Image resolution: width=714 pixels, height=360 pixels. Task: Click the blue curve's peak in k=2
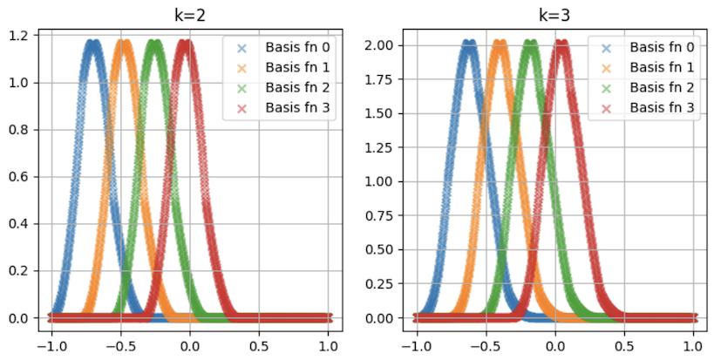[92, 42]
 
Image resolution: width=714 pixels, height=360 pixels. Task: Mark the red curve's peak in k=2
[185, 42]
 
